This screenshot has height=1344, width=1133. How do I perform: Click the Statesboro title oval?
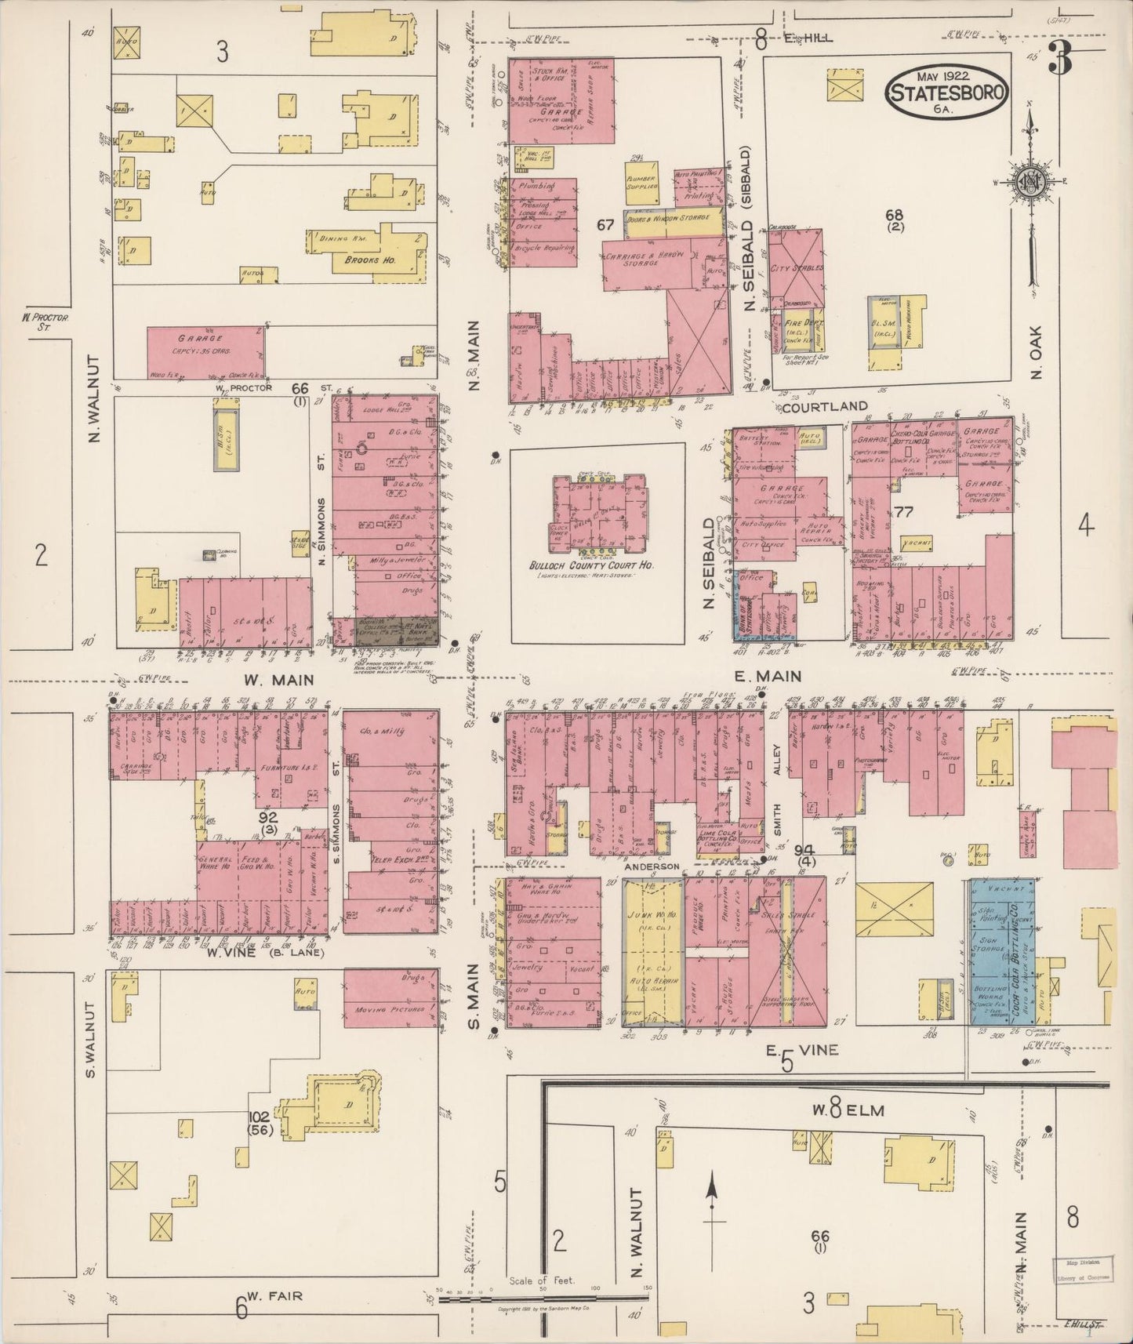coord(946,91)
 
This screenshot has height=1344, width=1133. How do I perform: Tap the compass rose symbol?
coord(1028,182)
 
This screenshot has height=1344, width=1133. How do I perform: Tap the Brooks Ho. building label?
coord(358,260)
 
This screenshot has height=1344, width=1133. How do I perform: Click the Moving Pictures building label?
coord(390,1009)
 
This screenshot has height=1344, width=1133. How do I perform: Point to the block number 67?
coord(605,225)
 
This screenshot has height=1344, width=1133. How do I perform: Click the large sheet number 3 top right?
coord(1060,60)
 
